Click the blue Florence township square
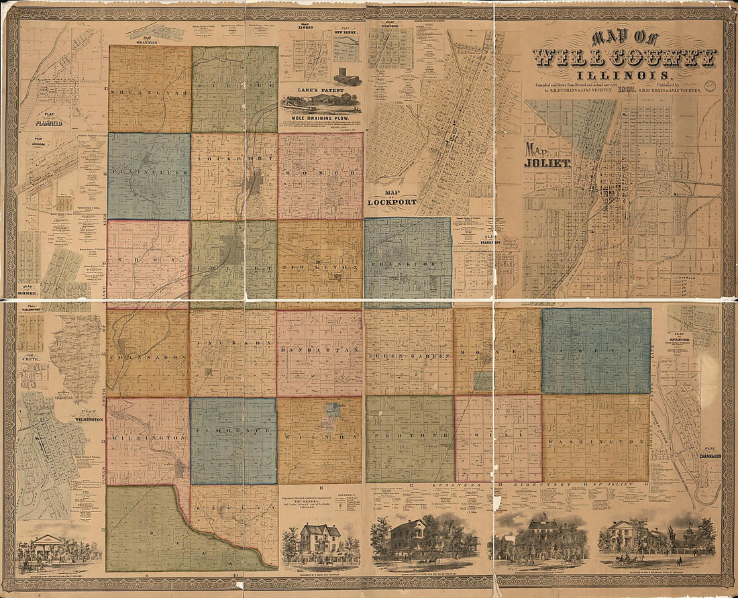tap(233, 441)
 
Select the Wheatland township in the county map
tap(150, 89)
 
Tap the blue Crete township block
tap(596, 350)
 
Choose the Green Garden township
tap(409, 351)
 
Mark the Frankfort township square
tap(408, 262)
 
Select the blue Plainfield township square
tap(148, 177)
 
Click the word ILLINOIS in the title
tap(625, 75)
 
